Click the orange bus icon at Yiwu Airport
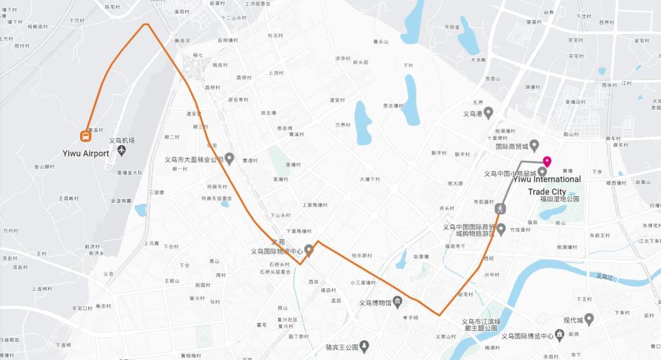pyautogui.click(x=85, y=135)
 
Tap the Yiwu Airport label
pyautogui.click(x=86, y=154)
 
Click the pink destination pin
pyautogui.click(x=547, y=161)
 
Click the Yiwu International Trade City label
pyautogui.click(x=547, y=185)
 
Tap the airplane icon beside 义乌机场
pyautogui.click(x=123, y=151)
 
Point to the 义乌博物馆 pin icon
pyautogui.click(x=398, y=301)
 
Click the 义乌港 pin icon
pyautogui.click(x=489, y=114)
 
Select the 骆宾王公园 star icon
pyautogui.click(x=364, y=346)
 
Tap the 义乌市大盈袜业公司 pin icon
pyautogui.click(x=229, y=159)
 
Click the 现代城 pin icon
pyautogui.click(x=589, y=320)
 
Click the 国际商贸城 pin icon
pyautogui.click(x=534, y=146)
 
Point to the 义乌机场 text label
pyautogui.click(x=121, y=141)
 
